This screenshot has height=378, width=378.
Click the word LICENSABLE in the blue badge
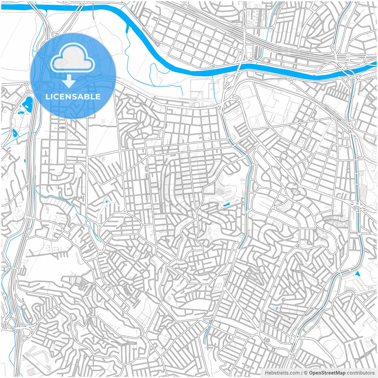point(73,97)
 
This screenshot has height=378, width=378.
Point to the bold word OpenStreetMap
point(327,373)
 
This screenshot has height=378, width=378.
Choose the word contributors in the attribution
point(361,373)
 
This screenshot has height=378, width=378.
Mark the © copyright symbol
point(306,373)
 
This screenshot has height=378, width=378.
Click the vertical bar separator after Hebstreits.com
point(302,373)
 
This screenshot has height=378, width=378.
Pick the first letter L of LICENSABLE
point(47,97)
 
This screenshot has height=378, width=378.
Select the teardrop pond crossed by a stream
point(15,133)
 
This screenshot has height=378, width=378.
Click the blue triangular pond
point(358,274)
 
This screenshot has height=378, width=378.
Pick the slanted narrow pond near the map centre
point(227,204)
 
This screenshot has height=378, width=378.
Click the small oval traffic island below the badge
point(63,128)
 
